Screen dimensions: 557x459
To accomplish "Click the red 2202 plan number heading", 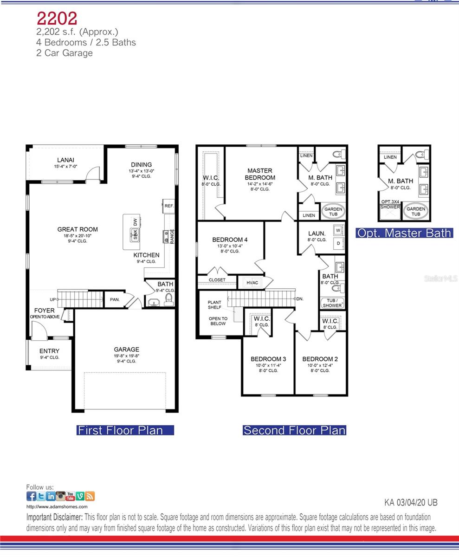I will (57, 18).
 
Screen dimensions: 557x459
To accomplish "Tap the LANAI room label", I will (65, 160).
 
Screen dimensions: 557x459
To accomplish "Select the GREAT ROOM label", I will (78, 229).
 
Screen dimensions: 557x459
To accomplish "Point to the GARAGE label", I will (127, 350).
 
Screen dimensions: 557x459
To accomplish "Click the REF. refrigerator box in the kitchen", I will (168, 206).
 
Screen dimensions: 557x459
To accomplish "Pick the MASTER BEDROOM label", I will (260, 174).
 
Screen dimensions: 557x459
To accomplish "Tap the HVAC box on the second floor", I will (252, 283).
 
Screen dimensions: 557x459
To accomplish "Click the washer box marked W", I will (338, 230).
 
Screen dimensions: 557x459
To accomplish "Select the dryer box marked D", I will (338, 243).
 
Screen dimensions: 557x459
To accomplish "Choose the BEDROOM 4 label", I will (230, 240).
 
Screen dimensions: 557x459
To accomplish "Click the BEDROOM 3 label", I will (268, 359).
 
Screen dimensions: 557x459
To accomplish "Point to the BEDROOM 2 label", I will (320, 359).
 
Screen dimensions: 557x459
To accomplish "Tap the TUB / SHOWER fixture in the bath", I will (332, 303).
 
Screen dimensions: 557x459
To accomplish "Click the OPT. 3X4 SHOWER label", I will (390, 204).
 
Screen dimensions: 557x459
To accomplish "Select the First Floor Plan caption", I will (120, 430).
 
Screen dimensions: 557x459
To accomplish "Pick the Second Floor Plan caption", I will (295, 430).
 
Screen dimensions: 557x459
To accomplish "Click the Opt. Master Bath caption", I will (404, 233).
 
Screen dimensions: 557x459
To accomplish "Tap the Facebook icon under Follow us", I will (32, 496).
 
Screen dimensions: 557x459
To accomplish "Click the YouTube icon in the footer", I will (70, 496).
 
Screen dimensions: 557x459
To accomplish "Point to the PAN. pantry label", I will (115, 300).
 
